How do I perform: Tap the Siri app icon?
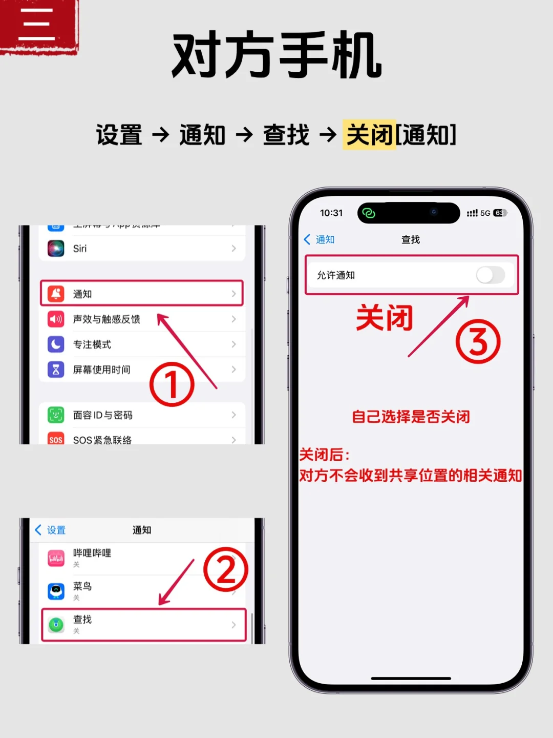[56, 249]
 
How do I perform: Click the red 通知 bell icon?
[56, 294]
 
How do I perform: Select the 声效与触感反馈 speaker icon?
[56, 319]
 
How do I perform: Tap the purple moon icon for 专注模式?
[56, 344]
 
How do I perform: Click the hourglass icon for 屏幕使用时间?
[56, 369]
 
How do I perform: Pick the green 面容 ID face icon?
[56, 415]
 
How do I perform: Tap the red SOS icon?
[56, 439]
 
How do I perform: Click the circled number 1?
[172, 384]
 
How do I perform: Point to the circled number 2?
[225, 569]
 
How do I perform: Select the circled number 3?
[478, 341]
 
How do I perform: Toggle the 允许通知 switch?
[491, 275]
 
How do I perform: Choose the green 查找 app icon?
[56, 624]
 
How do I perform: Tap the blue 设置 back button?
[50, 530]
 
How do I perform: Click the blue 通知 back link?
[320, 239]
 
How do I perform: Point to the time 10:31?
[331, 213]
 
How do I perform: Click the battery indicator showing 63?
[499, 213]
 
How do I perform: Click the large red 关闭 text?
[385, 318]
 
